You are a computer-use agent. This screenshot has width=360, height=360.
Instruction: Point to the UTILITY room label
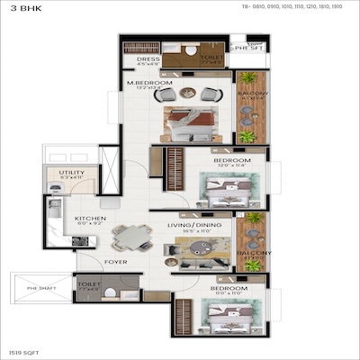point(72,173)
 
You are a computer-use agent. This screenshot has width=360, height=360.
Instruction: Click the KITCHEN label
point(90,218)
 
